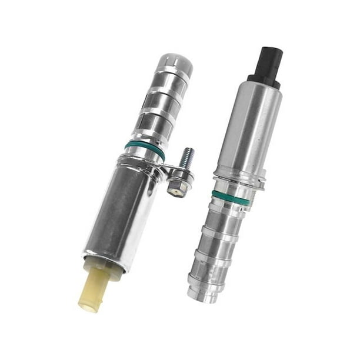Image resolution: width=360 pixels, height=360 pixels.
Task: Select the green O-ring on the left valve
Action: tap(145, 148)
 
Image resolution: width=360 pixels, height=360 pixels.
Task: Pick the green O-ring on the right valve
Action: tap(231, 198)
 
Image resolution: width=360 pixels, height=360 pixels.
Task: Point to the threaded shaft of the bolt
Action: tap(187, 159)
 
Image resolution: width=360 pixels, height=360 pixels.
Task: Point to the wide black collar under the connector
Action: tap(264, 80)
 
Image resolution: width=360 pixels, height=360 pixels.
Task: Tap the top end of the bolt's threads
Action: tap(189, 151)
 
